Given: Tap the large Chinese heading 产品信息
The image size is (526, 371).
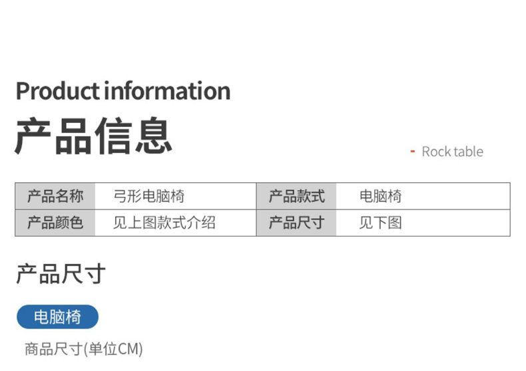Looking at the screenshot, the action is [x=93, y=136].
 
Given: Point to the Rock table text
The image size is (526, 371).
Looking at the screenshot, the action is [x=452, y=152].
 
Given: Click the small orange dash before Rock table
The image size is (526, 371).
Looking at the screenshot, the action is [x=412, y=152].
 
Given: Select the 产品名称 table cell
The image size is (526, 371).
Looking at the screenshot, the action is [x=55, y=196].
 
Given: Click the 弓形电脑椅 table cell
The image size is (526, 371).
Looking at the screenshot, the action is [x=149, y=196].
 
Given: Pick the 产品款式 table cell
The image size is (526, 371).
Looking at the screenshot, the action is [x=296, y=196].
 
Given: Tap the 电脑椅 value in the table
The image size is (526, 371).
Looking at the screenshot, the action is [x=380, y=196].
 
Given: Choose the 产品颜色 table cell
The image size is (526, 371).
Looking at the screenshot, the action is [x=55, y=223].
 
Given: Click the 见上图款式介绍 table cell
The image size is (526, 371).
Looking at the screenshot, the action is [x=164, y=223].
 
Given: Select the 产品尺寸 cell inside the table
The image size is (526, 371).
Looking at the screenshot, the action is [x=296, y=223].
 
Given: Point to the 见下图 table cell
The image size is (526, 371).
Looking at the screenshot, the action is [x=380, y=223].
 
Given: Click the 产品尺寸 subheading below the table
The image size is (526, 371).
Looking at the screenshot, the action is [x=61, y=273].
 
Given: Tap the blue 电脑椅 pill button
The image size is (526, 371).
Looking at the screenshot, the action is [x=57, y=317].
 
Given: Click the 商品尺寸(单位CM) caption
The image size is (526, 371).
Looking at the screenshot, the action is [x=84, y=349].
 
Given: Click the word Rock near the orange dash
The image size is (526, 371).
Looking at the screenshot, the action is [x=436, y=152].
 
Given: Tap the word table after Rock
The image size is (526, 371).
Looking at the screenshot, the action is [x=469, y=152].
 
